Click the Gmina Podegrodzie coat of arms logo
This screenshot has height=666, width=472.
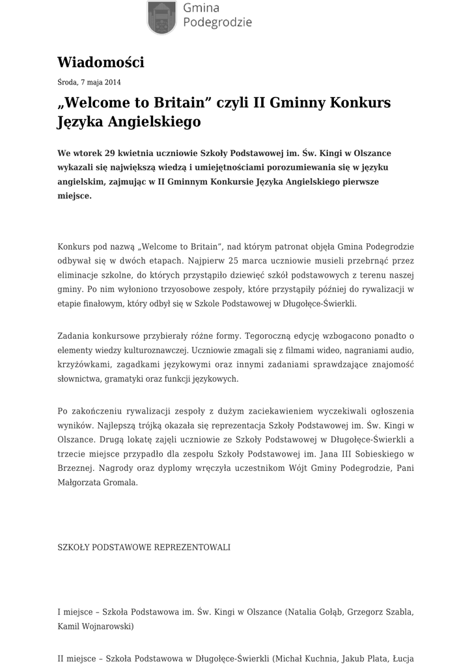click(x=161, y=17)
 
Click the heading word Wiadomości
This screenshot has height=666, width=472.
click(x=100, y=62)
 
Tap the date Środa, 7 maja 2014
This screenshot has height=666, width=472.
click(x=89, y=83)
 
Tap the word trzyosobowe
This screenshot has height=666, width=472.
click(x=163, y=289)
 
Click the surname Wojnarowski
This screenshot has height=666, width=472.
click(x=106, y=626)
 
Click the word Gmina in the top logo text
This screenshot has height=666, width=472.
click(x=201, y=8)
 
